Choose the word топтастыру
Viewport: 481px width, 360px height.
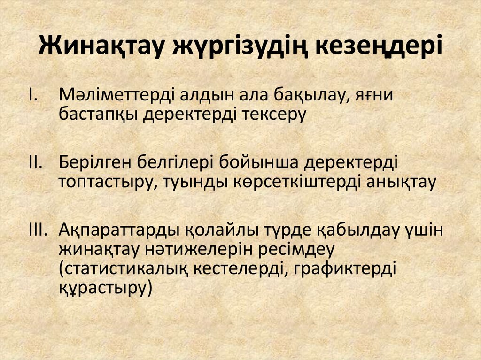105,183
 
